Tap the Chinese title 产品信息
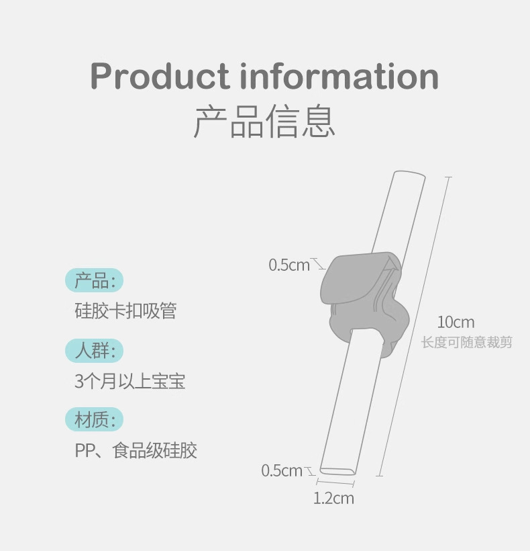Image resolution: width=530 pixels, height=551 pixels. pyautogui.click(x=264, y=122)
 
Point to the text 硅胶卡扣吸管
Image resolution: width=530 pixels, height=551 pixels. pyautogui.click(x=125, y=311)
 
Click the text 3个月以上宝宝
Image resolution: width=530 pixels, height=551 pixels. pyautogui.click(x=129, y=382)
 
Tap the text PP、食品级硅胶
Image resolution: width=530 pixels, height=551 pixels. pyautogui.click(x=136, y=450)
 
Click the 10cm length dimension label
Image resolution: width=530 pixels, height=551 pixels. pyautogui.click(x=456, y=322)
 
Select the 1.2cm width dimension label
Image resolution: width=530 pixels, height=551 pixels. pyautogui.click(x=333, y=499)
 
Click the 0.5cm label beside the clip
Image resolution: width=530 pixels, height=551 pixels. pyautogui.click(x=289, y=265)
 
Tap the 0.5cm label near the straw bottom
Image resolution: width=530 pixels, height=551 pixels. pyautogui.click(x=282, y=470)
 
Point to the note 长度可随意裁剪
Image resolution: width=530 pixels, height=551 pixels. pyautogui.click(x=466, y=343)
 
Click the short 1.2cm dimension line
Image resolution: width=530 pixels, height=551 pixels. pyautogui.click(x=335, y=483)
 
